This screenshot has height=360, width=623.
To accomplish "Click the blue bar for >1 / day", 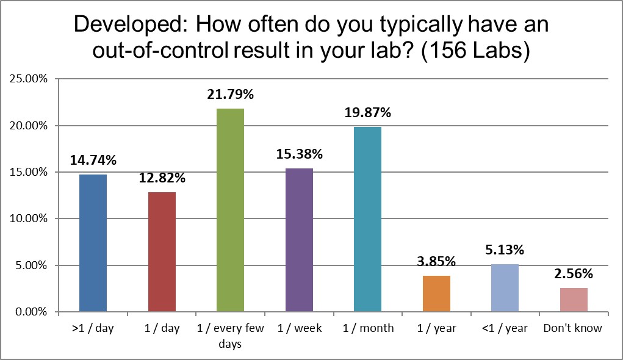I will click(93, 243).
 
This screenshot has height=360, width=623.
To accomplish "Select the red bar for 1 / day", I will click(162, 251).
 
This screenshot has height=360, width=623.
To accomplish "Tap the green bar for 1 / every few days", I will click(230, 210).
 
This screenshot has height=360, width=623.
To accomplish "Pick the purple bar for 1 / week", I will click(299, 240).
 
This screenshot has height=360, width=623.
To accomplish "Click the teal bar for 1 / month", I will click(367, 219).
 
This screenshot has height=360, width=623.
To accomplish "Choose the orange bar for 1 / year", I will click(436, 293).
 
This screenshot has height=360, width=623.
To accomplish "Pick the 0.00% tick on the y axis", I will click(29, 312).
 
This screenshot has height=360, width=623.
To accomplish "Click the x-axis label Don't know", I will click(572, 328).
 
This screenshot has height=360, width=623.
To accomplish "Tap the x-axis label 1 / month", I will click(367, 328).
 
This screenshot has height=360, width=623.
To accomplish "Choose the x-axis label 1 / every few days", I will click(230, 336).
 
